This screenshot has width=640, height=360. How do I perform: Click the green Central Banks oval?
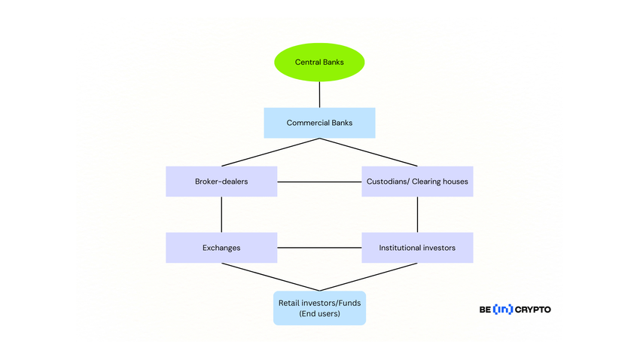[x=319, y=62]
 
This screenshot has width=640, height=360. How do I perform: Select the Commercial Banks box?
[x=319, y=123]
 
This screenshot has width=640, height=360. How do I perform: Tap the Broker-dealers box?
[x=221, y=182]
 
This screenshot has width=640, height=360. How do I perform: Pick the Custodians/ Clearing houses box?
[x=417, y=182]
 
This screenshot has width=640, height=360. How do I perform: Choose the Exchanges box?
[x=221, y=247]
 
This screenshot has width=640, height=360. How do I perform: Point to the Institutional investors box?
[x=417, y=247]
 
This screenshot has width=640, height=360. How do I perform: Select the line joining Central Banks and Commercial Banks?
[x=319, y=94]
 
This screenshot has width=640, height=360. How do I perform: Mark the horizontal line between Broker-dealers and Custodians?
[x=319, y=182]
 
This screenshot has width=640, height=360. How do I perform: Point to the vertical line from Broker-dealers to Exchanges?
[x=221, y=215]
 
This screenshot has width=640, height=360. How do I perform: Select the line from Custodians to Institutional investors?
[x=417, y=215]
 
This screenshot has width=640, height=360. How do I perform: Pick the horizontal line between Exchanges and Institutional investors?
[x=319, y=247]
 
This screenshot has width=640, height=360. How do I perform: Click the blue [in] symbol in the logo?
[x=502, y=310]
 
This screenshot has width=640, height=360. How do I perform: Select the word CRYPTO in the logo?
[x=532, y=310]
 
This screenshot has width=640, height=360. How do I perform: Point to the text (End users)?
[x=319, y=313]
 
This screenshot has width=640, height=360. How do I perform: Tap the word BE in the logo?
[x=485, y=310]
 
